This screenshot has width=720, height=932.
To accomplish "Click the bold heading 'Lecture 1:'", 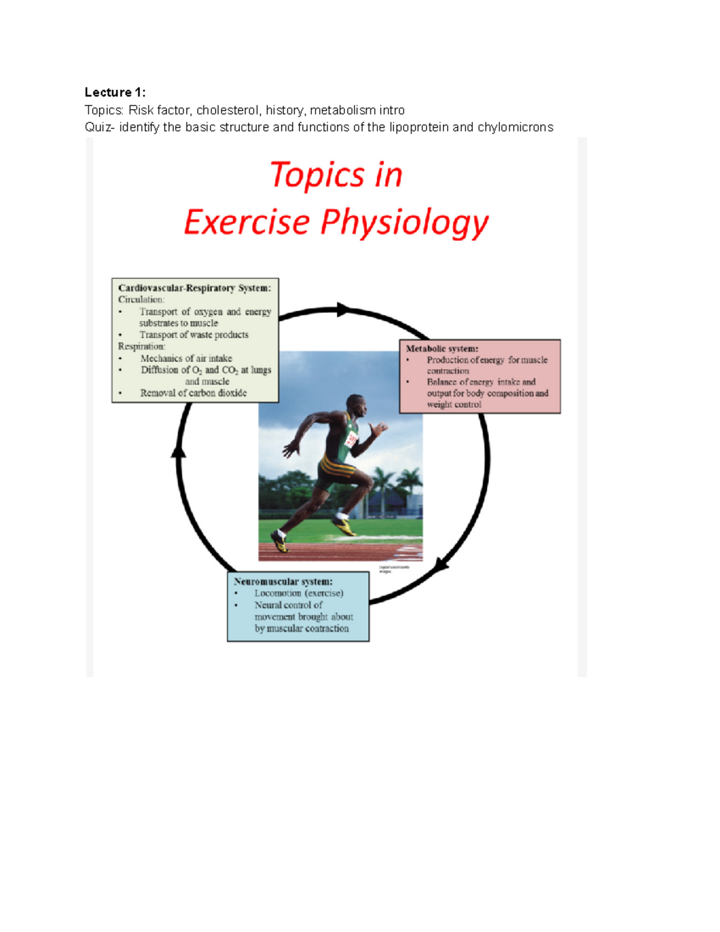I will click(115, 92).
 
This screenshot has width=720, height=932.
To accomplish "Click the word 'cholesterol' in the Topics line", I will click(228, 110).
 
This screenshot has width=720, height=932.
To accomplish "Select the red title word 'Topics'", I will click(317, 175).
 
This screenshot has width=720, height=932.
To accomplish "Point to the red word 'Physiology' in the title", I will click(404, 223).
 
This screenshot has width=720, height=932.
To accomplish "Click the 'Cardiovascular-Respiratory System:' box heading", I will click(194, 288).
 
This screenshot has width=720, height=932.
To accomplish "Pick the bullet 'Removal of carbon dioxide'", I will click(193, 393).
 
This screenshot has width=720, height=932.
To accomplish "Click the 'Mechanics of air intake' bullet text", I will click(186, 358).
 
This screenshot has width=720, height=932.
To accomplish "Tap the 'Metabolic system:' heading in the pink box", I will click(442, 349).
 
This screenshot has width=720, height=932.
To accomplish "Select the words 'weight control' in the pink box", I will click(454, 404).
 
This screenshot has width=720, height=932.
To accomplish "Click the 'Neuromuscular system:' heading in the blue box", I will click(283, 582).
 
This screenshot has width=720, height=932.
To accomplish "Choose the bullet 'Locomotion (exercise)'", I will click(299, 593).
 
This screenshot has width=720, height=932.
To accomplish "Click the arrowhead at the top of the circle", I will click(343, 310).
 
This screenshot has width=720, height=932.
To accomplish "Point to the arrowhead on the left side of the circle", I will click(179, 450).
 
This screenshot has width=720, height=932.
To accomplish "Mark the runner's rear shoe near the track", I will click(280, 542).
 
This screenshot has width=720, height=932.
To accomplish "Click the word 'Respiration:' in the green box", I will click(142, 346).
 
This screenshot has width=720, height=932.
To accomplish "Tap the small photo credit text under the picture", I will click(394, 569).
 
